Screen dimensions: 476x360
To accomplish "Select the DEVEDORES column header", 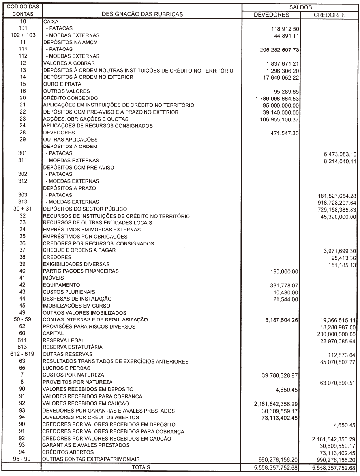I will [x=271, y=15].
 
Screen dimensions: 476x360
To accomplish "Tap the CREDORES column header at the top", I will [x=330, y=15].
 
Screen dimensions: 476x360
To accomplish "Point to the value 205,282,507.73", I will [x=277, y=50].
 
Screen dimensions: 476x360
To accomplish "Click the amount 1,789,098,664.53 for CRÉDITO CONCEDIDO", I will [x=277, y=98].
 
